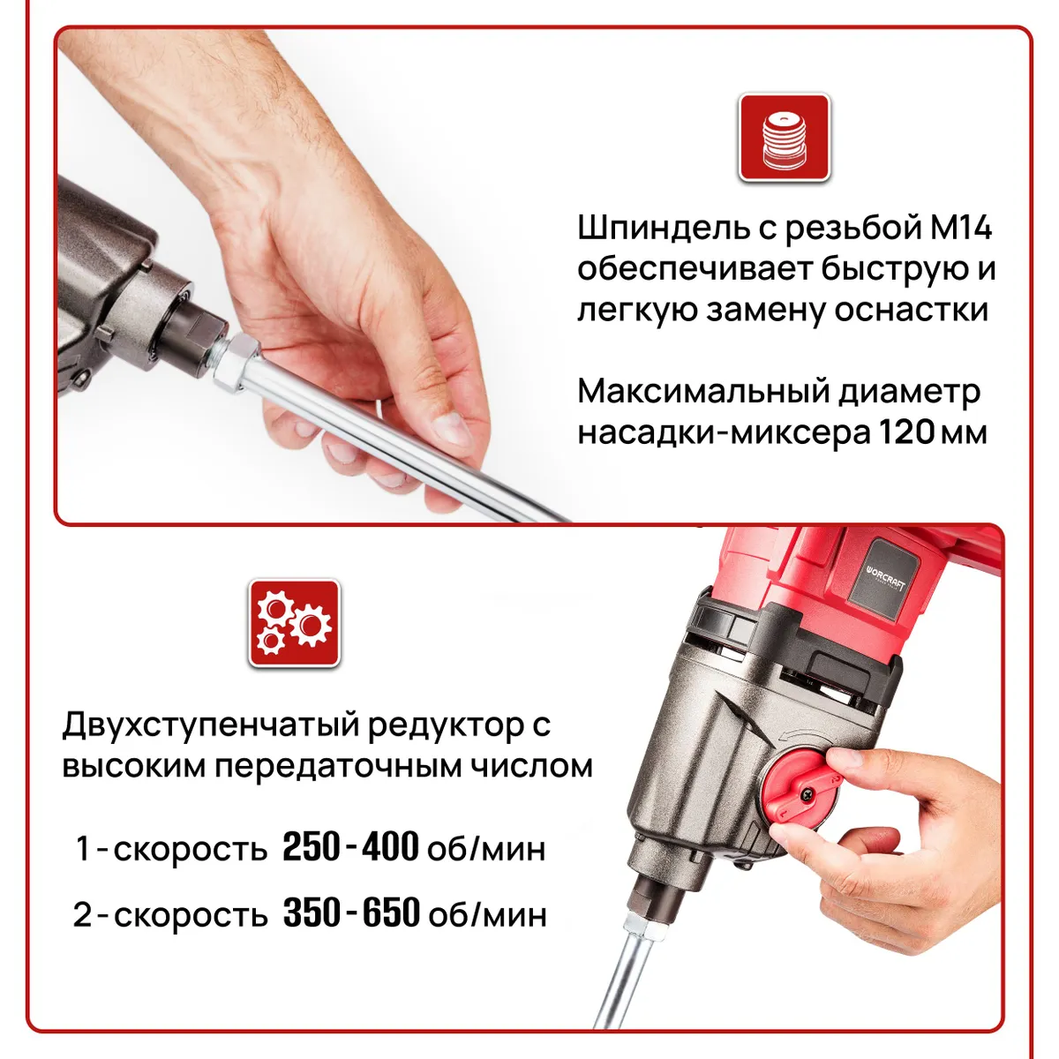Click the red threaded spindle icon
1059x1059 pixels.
tap(784, 138)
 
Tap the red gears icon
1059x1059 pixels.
tap(295, 623)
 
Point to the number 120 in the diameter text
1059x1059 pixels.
tap(906, 432)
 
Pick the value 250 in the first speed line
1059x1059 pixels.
tap(311, 847)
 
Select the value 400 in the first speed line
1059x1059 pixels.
tap(391, 847)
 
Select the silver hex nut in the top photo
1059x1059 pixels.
tap(236, 364)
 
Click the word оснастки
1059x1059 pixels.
tap(912, 310)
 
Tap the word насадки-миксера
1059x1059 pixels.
tap(725, 432)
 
